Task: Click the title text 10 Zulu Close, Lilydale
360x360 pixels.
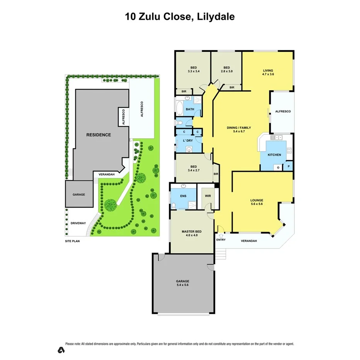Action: pos(180,17)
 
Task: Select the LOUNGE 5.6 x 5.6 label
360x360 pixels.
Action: pos(256,202)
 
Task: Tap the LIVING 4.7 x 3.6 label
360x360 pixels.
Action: pos(268,72)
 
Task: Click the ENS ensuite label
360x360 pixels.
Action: pos(183,196)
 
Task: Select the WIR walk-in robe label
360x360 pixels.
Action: pos(208,196)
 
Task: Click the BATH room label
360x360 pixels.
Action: pos(190,109)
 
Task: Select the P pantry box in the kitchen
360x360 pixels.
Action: pos(288,167)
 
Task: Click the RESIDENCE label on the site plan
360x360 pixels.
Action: pos(98,135)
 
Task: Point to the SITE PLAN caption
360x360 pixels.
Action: pos(73,241)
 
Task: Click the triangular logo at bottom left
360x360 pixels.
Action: pos(61,350)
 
